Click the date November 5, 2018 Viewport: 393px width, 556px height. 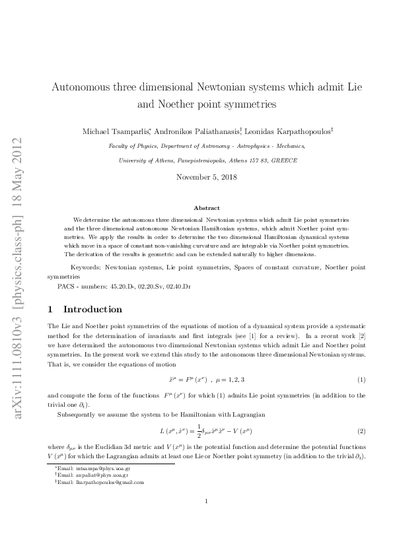(207, 177)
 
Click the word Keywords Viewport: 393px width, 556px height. (85, 268)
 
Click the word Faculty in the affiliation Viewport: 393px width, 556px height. (119, 146)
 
